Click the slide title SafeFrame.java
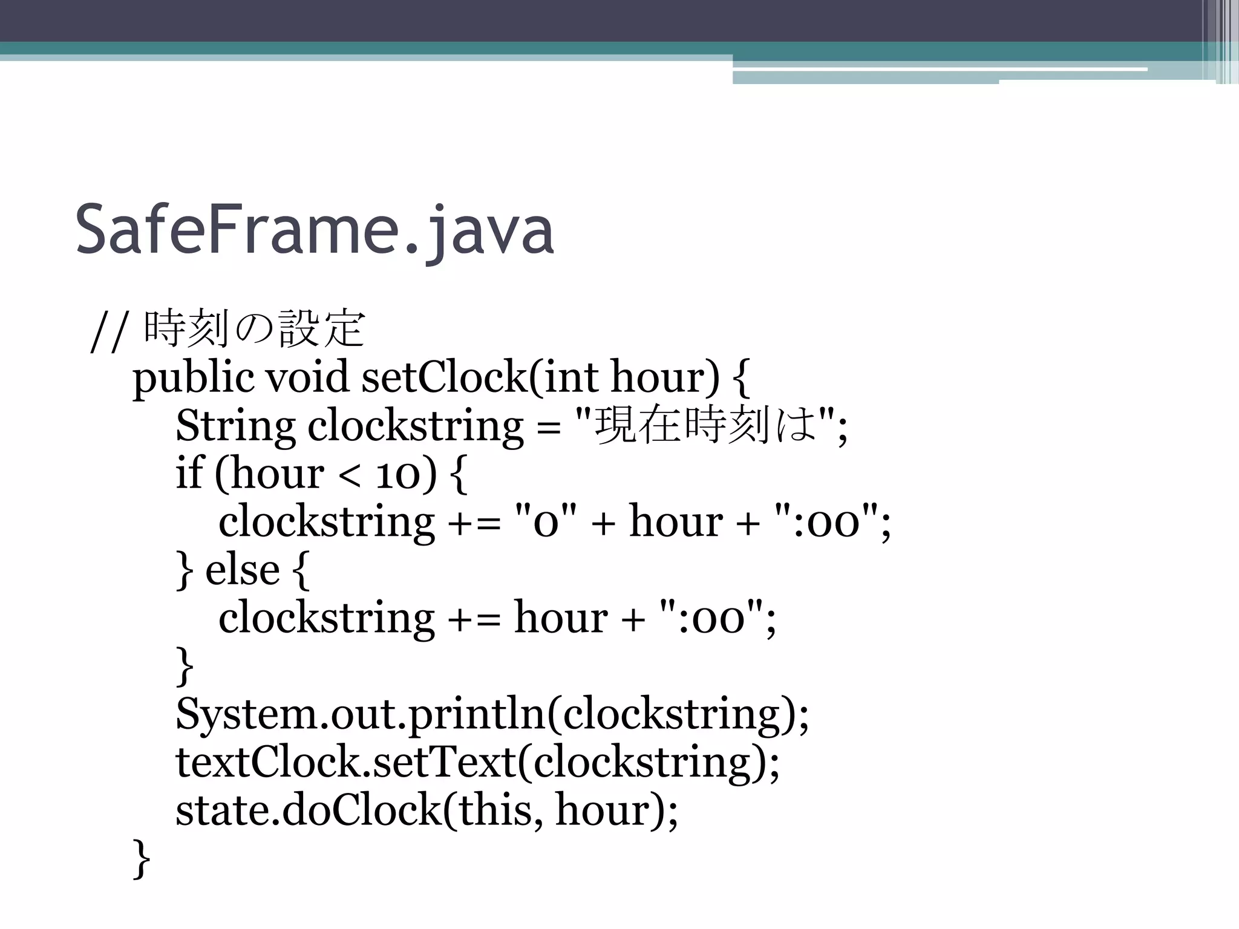coord(315,230)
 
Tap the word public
coord(193,377)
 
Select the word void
coord(307,377)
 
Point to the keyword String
coord(235,426)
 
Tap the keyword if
coord(188,473)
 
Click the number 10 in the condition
coord(397,474)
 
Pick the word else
coord(242,570)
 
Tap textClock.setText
coord(345,761)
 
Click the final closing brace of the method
coord(141,858)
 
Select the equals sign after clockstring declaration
coord(548,427)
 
